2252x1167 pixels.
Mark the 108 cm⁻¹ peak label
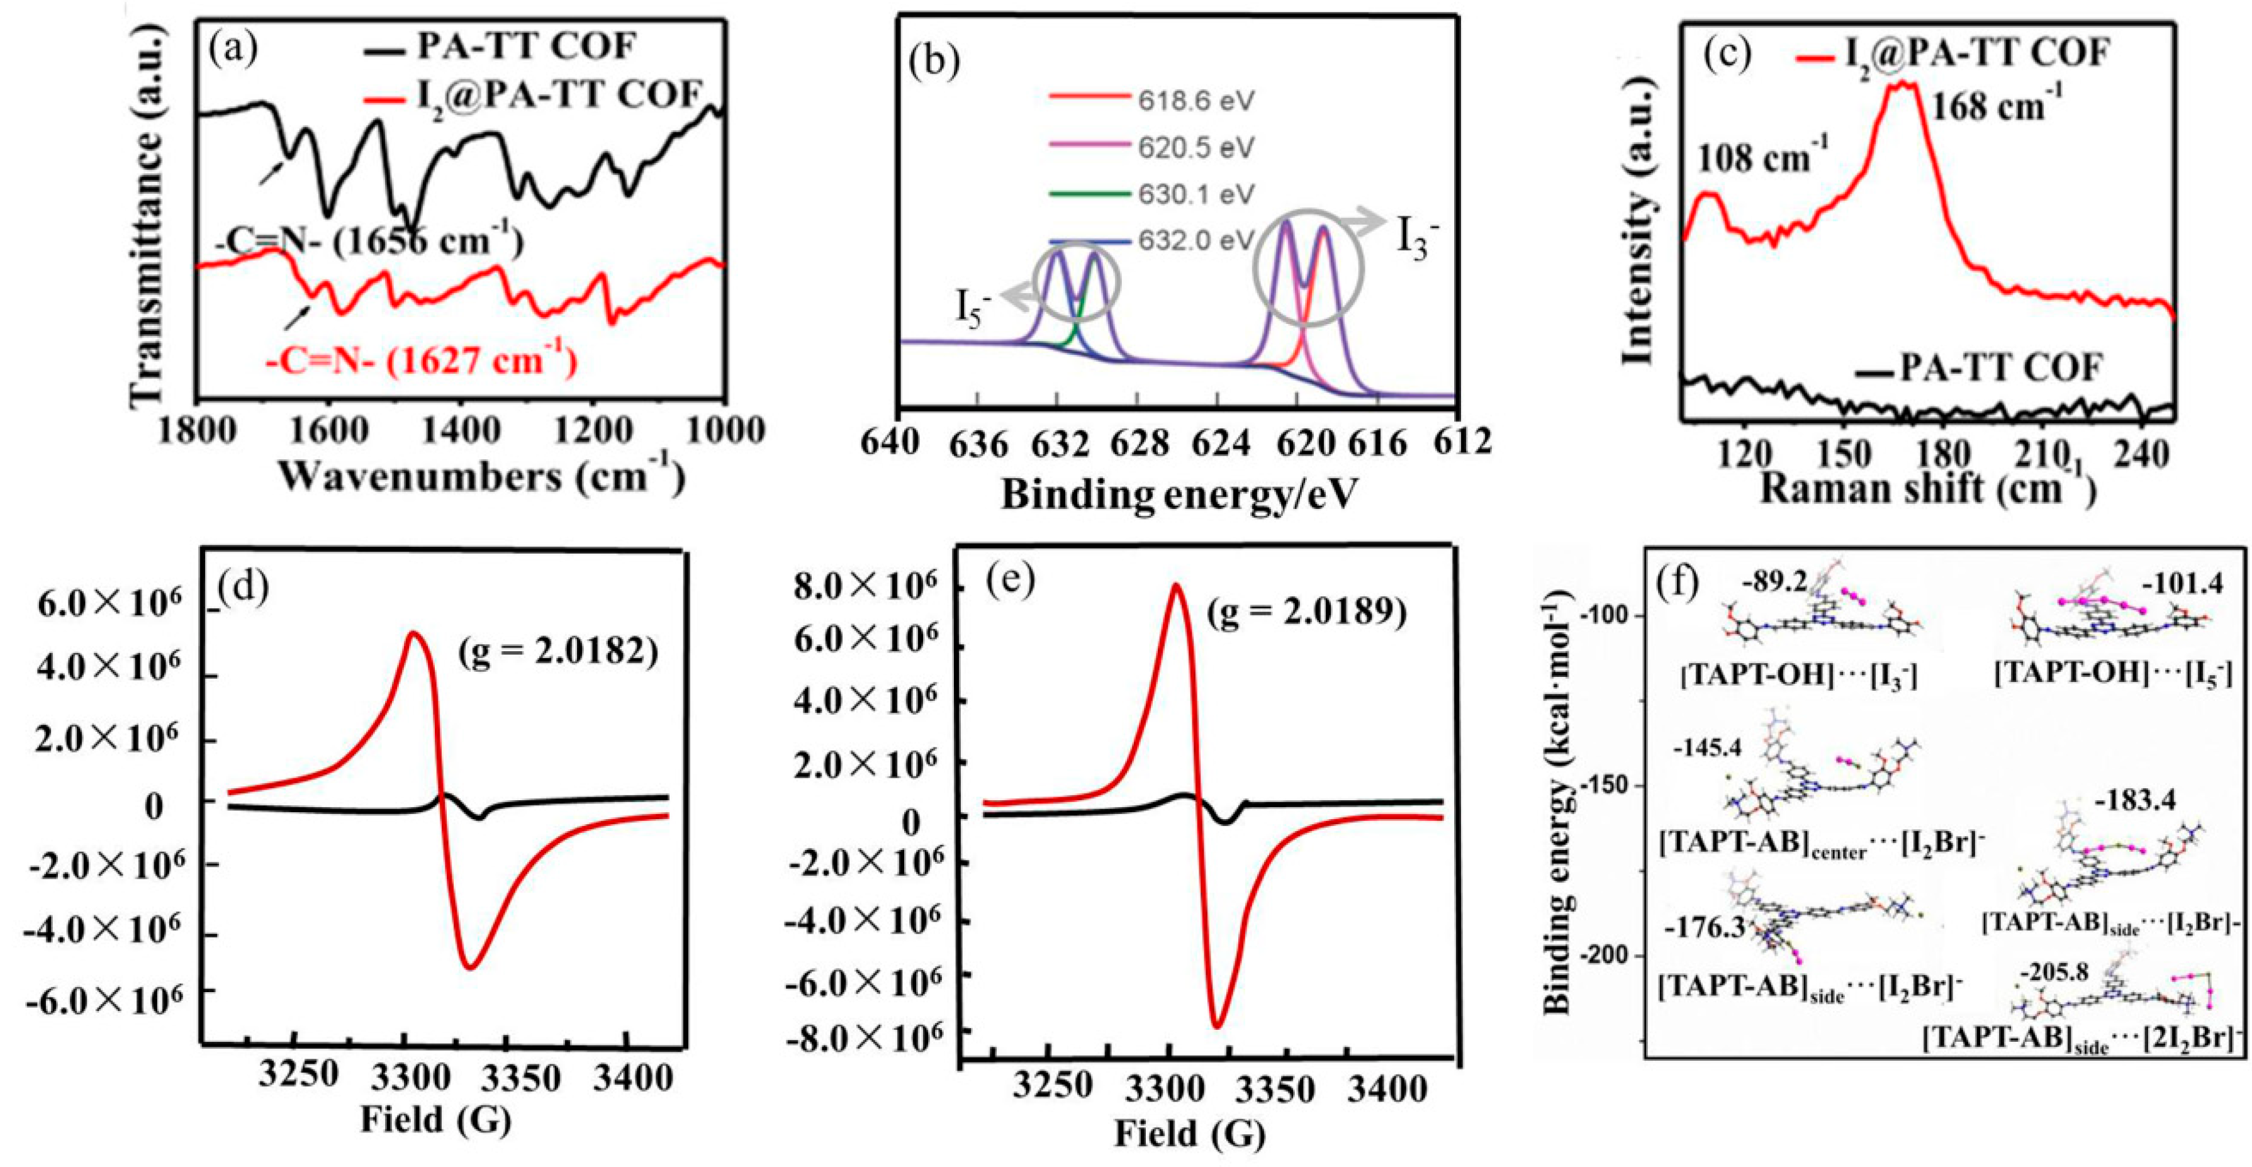(1762, 157)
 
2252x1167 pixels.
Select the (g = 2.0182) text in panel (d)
(557, 652)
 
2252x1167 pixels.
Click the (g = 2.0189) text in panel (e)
(1307, 613)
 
